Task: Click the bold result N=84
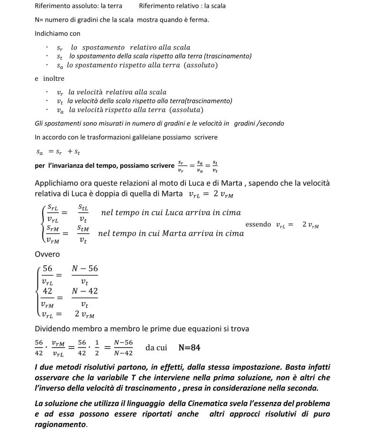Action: [x=189, y=348]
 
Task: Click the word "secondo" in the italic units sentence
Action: [x=272, y=123]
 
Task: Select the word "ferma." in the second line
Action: [x=200, y=20]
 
